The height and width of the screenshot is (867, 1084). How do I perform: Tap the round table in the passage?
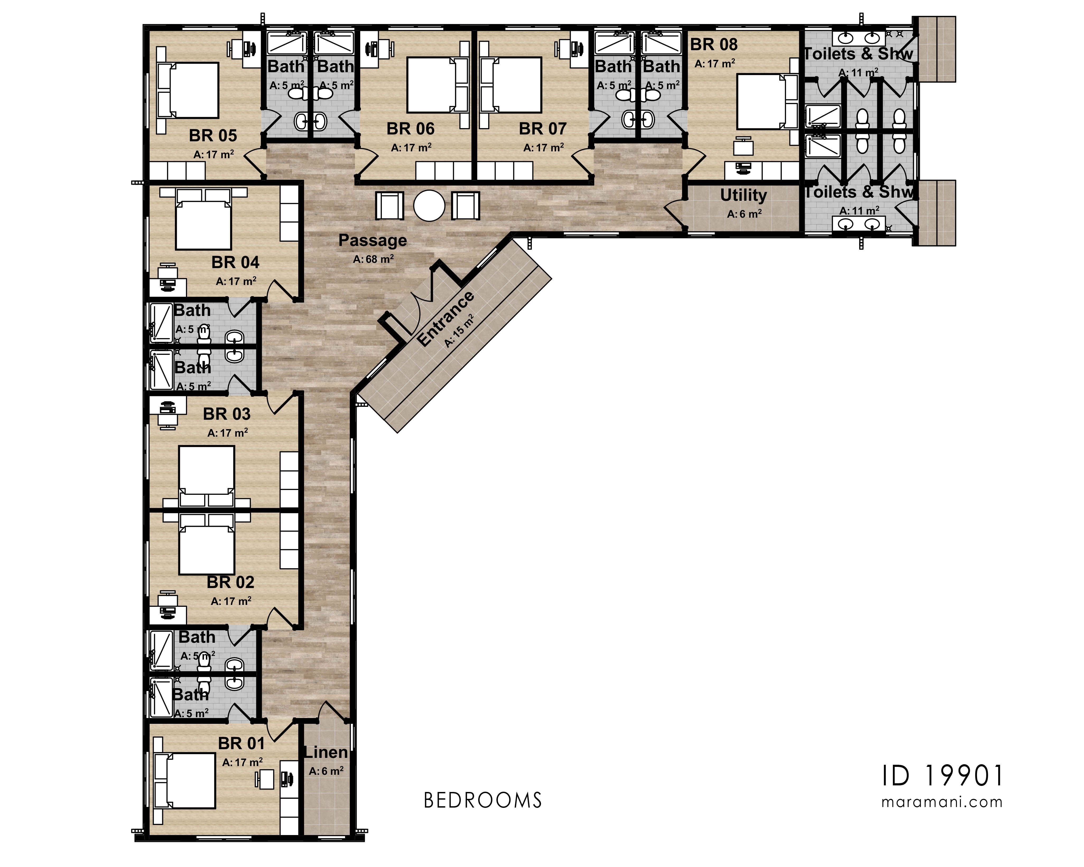429,206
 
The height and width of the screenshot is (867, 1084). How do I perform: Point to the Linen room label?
326,752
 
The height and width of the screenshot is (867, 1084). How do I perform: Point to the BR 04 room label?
235,262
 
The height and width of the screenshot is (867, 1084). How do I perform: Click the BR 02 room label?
230,582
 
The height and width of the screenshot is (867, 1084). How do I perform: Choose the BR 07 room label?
542,129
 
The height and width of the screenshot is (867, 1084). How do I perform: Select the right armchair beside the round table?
466,206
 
